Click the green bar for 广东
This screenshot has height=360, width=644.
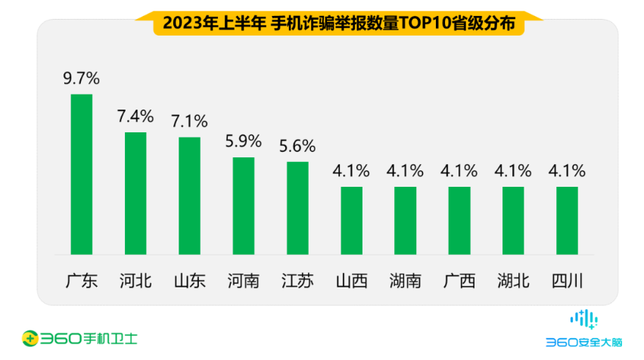(x=81, y=174)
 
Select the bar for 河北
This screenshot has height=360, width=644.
(x=135, y=193)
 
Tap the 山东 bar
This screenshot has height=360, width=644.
(x=189, y=195)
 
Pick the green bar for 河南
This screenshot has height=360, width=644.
(x=243, y=205)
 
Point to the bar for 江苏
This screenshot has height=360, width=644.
(x=297, y=207)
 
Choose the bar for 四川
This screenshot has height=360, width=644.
(x=567, y=220)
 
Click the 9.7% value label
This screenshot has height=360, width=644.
(x=81, y=79)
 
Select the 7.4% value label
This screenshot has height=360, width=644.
(x=135, y=116)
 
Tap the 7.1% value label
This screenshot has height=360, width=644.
(x=189, y=122)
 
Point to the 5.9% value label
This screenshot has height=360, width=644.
(x=243, y=141)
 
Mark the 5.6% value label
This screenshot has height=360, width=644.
(x=297, y=146)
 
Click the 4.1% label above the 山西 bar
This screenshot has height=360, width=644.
(x=351, y=171)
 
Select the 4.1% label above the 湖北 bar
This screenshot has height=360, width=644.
(x=513, y=171)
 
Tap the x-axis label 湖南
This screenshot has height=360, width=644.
(x=405, y=281)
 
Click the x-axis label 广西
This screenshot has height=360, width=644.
(x=459, y=281)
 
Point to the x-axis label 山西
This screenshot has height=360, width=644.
(x=351, y=281)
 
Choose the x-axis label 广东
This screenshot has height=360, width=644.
(x=81, y=281)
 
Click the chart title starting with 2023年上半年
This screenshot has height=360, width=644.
(x=338, y=23)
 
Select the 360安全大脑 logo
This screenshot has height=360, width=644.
(x=583, y=329)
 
